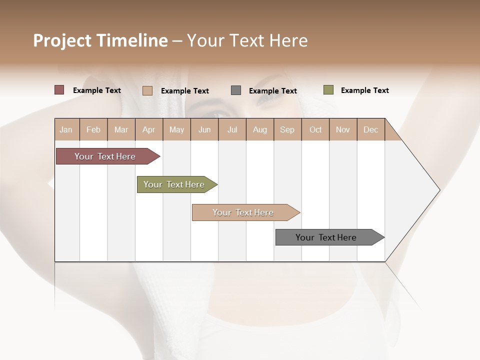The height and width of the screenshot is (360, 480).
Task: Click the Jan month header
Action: click(66, 129)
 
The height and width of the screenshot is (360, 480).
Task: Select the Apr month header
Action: click(148, 129)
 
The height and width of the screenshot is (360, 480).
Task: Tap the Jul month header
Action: click(232, 129)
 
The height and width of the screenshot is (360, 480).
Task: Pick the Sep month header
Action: click(287, 129)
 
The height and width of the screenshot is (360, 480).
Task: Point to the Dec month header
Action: click(370, 129)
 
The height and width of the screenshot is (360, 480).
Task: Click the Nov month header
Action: click(342, 129)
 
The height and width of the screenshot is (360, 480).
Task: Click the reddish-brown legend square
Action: click(59, 90)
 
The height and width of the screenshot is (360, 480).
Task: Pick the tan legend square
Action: click(147, 90)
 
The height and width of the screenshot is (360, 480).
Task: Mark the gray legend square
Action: click(236, 90)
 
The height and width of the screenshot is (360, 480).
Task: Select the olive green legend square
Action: click(328, 90)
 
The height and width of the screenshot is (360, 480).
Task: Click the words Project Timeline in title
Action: click(100, 40)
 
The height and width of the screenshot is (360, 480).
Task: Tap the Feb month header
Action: click(93, 129)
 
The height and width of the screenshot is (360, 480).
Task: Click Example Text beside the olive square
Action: click(364, 90)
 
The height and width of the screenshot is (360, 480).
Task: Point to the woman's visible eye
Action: click(267, 96)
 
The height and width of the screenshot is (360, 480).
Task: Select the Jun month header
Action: click(204, 129)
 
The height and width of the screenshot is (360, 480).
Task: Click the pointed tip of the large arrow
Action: click(438, 190)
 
